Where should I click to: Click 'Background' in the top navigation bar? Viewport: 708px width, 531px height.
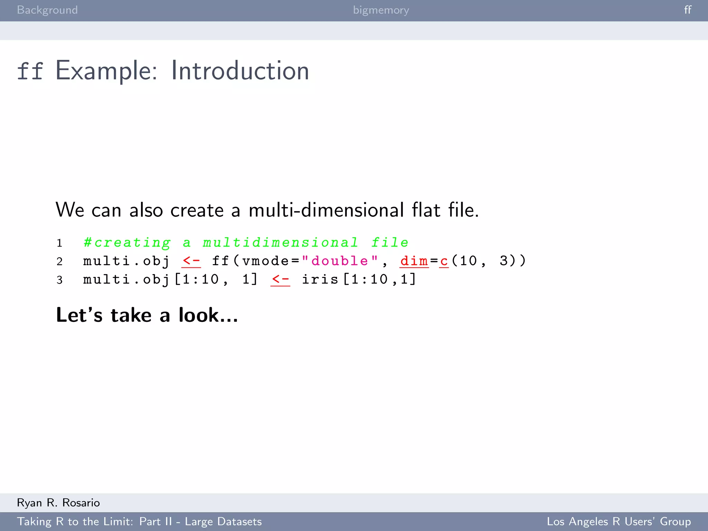click(47, 10)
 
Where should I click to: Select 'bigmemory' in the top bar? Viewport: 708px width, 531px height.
click(381, 10)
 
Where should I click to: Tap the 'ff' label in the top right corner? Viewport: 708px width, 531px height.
click(688, 10)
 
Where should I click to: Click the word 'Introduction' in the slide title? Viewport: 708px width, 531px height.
click(240, 71)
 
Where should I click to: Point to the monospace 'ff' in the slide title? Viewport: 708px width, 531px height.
click(30, 71)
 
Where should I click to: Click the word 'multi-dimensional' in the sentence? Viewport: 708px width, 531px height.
click(326, 210)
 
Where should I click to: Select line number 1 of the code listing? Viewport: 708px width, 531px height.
click(59, 243)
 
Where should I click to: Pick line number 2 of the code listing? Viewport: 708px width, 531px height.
click(59, 261)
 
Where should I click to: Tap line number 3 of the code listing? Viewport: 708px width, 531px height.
click(59, 280)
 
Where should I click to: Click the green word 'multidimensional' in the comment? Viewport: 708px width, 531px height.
click(280, 242)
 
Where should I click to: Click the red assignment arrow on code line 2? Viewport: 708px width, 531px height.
click(191, 261)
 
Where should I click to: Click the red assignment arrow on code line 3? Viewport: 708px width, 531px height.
click(280, 279)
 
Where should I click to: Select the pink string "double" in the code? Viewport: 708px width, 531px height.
click(339, 261)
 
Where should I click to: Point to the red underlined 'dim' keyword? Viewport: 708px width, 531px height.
click(414, 261)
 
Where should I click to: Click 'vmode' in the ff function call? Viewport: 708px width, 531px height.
click(265, 261)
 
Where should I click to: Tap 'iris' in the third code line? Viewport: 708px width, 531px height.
click(320, 279)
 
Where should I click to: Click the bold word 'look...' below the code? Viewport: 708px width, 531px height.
click(208, 315)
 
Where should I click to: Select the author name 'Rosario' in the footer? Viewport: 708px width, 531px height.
click(81, 503)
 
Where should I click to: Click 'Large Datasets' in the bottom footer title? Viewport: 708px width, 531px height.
click(223, 521)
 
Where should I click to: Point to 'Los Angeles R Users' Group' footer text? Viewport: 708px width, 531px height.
click(619, 521)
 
